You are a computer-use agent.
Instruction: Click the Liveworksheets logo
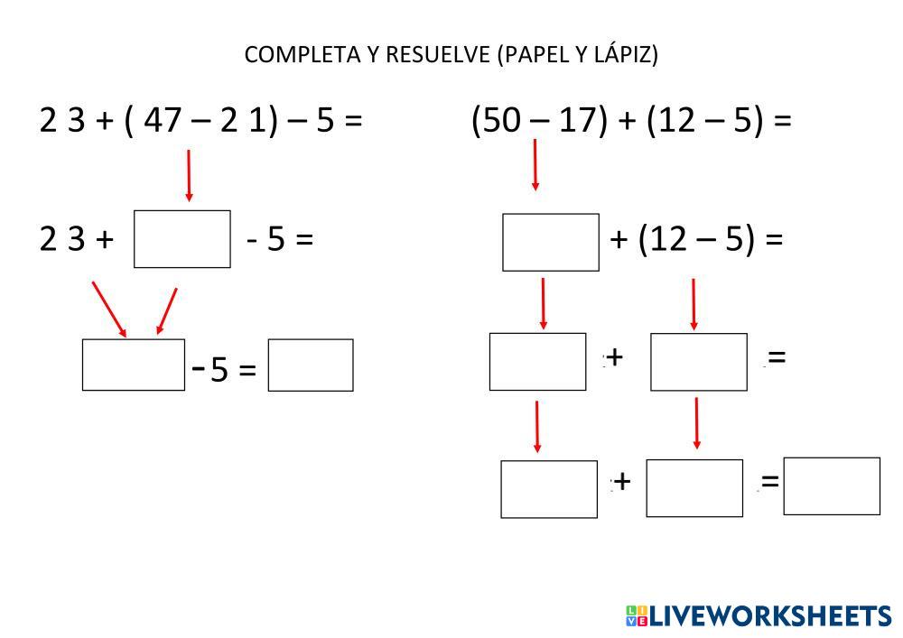[758, 616]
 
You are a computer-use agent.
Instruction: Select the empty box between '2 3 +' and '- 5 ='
[182, 239]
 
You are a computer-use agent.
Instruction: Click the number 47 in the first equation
[163, 120]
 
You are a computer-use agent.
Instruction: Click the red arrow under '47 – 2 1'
[189, 175]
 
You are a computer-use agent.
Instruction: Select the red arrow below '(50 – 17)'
[535, 165]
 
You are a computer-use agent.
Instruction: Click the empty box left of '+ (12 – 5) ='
[551, 243]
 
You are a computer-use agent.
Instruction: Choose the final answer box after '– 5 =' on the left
[311, 365]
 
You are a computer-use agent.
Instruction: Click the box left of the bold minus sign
[134, 365]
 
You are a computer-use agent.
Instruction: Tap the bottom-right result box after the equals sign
[832, 486]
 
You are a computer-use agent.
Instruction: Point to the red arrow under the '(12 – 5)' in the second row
[694, 304]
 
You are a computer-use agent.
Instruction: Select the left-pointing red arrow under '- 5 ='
[165, 311]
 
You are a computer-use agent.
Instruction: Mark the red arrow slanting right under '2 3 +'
[109, 309]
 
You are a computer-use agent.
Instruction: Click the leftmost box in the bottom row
[549, 489]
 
